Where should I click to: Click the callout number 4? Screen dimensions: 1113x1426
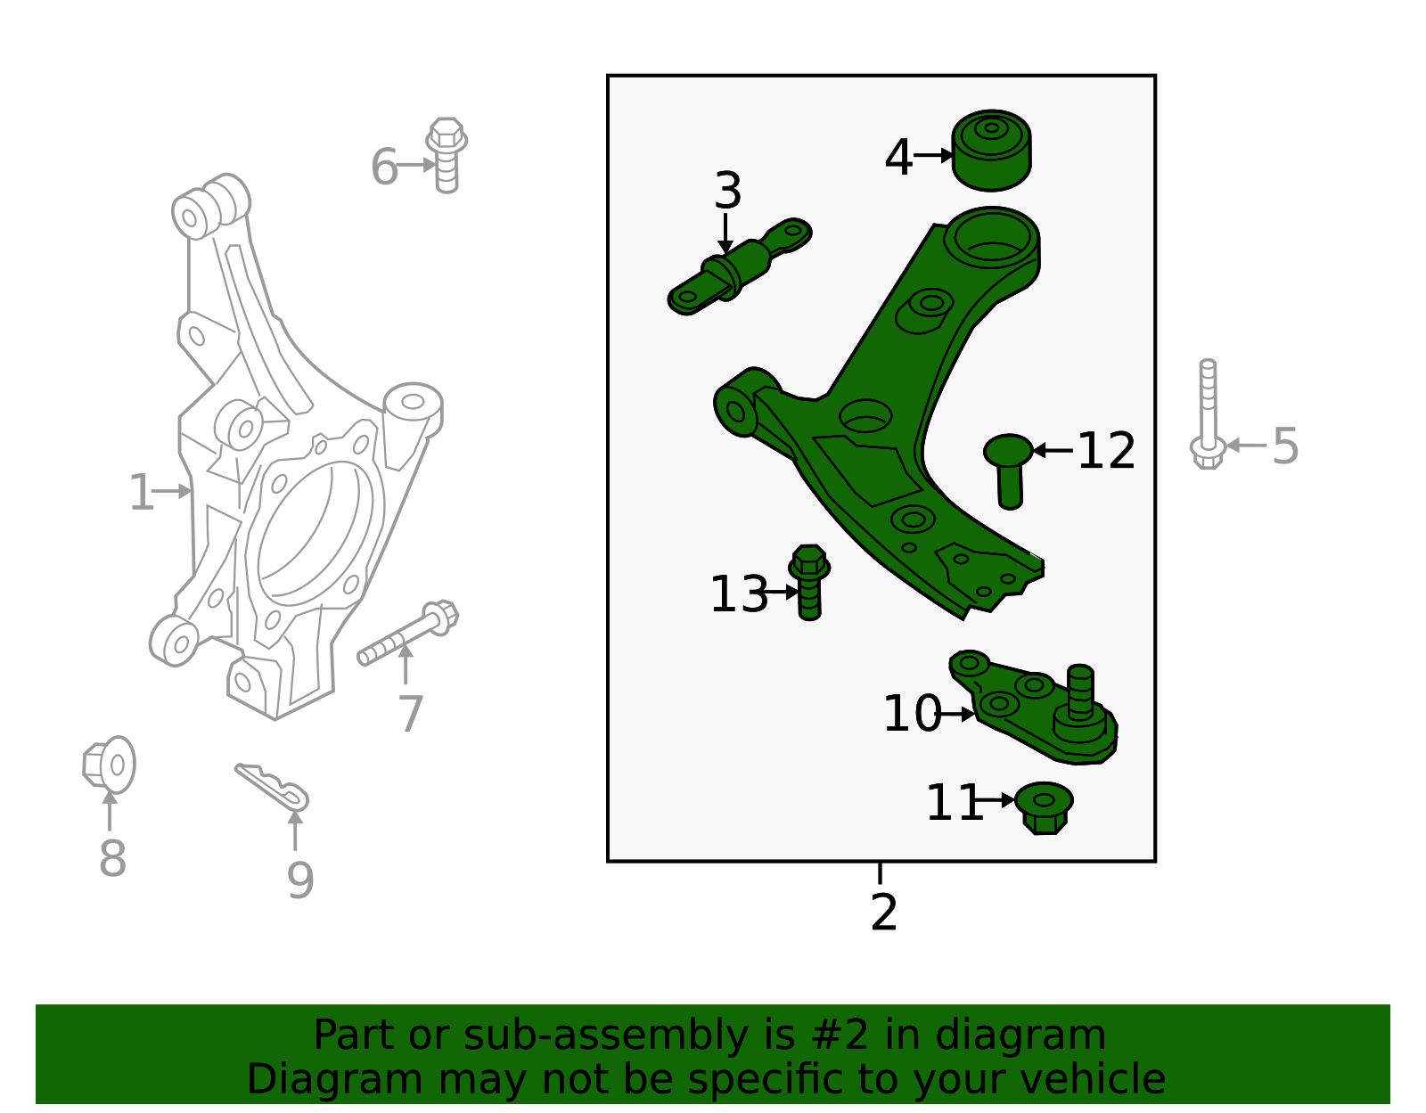click(x=897, y=158)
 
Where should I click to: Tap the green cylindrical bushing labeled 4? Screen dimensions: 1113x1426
click(x=991, y=151)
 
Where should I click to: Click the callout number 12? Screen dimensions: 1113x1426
click(x=1106, y=451)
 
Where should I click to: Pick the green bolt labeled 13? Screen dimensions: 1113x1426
click(x=809, y=581)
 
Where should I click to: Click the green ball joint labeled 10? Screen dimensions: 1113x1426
click(x=1043, y=709)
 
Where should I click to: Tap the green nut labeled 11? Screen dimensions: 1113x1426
click(x=1044, y=807)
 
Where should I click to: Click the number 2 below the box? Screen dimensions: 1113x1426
click(x=883, y=912)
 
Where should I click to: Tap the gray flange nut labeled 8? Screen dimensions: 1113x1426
click(x=110, y=765)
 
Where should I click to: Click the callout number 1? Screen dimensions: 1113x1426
click(x=141, y=493)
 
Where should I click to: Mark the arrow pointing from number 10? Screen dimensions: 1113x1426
click(x=957, y=714)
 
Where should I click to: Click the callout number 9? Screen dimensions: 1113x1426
click(x=300, y=880)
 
